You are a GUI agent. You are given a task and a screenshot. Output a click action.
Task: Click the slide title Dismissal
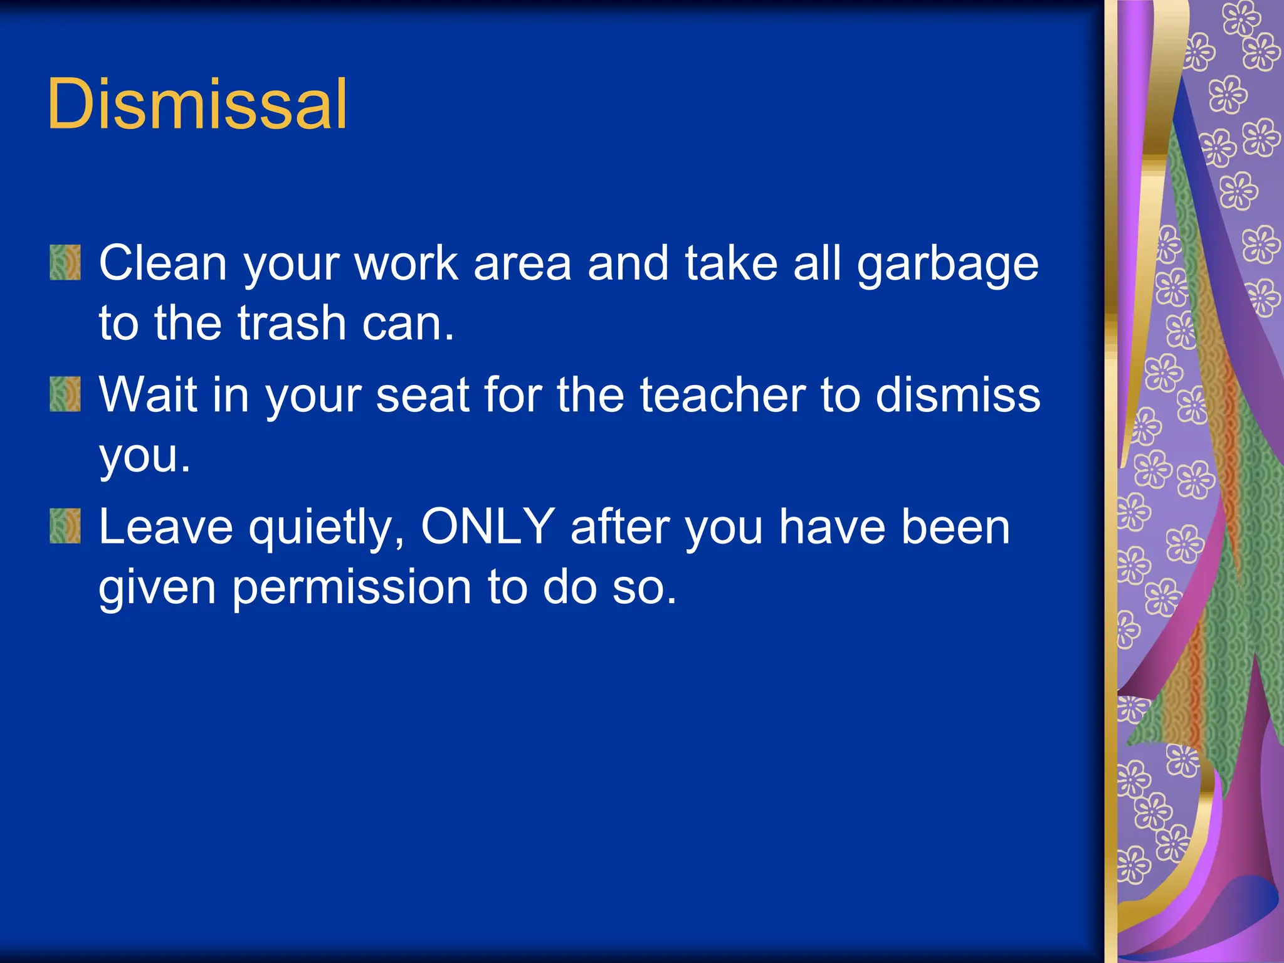click(x=196, y=104)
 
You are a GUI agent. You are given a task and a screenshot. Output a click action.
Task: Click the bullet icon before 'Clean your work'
click(x=65, y=262)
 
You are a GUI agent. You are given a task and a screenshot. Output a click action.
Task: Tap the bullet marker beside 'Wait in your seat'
click(x=65, y=394)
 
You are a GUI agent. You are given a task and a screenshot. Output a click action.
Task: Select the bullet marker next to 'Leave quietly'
click(x=65, y=525)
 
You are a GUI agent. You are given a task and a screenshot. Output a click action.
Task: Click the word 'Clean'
click(x=162, y=263)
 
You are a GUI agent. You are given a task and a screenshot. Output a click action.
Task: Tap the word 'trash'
click(x=292, y=324)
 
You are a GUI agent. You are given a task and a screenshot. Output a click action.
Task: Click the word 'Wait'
click(x=148, y=395)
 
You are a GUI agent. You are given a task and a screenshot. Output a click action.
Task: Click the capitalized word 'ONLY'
click(x=487, y=527)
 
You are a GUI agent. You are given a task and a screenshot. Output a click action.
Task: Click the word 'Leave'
click(x=166, y=527)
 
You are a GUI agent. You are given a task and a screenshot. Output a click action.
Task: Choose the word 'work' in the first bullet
click(x=406, y=263)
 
